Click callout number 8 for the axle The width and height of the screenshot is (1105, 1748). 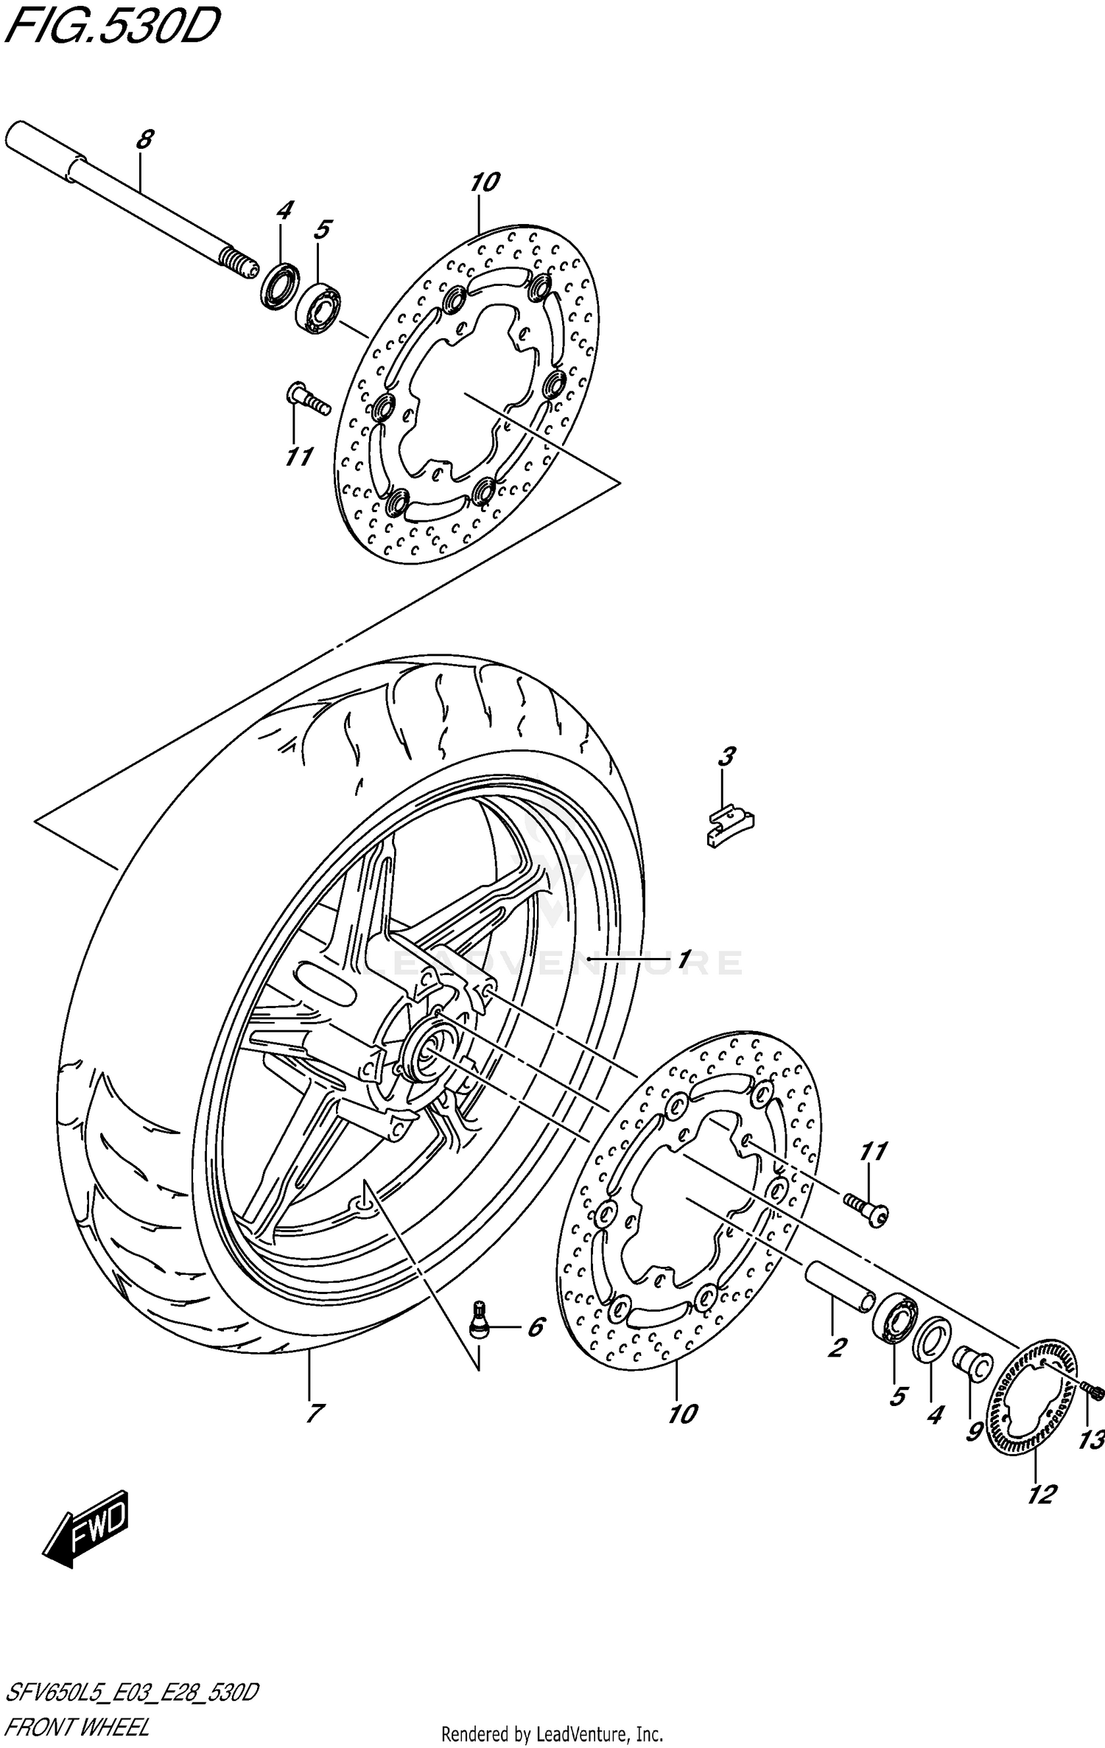pyautogui.click(x=145, y=139)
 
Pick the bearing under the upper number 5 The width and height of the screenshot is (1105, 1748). pyautogui.click(x=318, y=307)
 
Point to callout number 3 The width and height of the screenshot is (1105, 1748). pyautogui.click(x=726, y=757)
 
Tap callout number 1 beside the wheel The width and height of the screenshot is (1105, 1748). pyautogui.click(x=684, y=959)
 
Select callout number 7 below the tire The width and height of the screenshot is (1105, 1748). pyautogui.click(x=313, y=1413)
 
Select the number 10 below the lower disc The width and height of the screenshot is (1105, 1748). pyautogui.click(x=682, y=1413)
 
